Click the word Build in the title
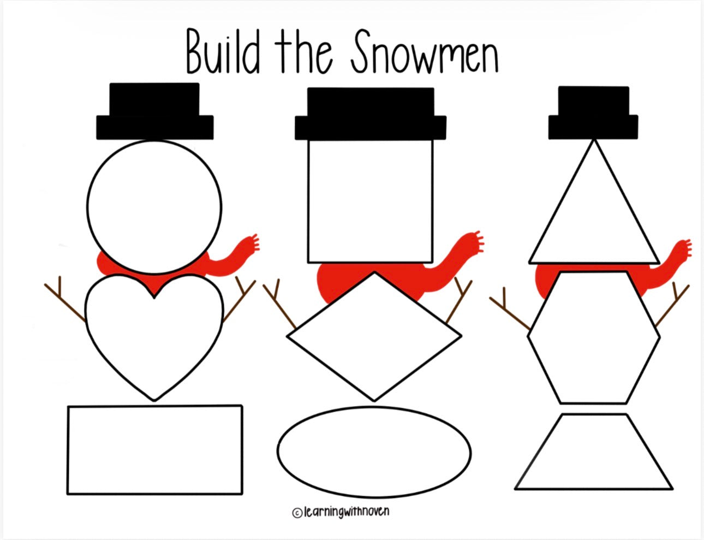(x=223, y=52)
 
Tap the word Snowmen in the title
(x=425, y=51)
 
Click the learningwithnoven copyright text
(x=341, y=512)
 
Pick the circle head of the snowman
(x=154, y=207)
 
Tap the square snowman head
(x=371, y=201)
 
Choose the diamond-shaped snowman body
(x=374, y=336)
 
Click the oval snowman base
(x=374, y=452)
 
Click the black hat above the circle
(x=155, y=111)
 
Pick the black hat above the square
(x=371, y=114)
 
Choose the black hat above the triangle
(x=593, y=112)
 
